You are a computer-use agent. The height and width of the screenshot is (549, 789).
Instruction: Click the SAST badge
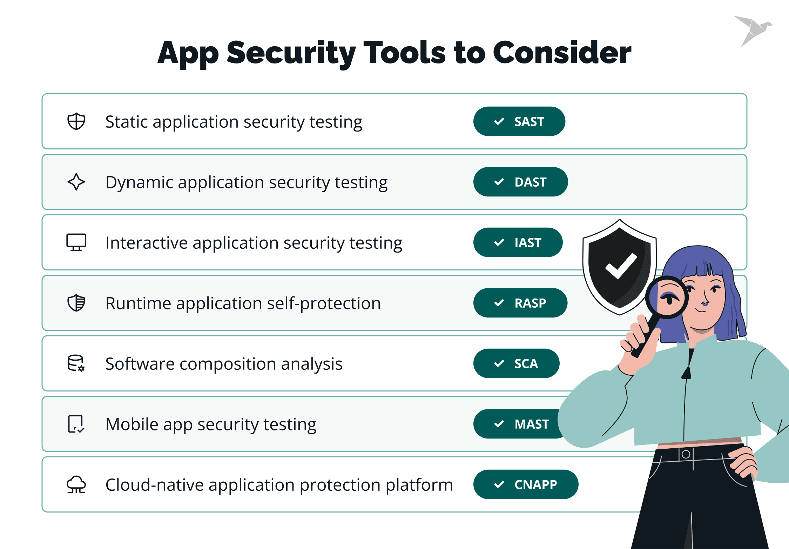[519, 121]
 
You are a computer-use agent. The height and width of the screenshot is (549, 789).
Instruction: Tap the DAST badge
[520, 182]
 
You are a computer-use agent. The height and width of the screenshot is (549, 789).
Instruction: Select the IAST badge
[518, 242]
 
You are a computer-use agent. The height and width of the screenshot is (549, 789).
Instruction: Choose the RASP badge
[520, 303]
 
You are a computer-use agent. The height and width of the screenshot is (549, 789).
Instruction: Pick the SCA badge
[516, 363]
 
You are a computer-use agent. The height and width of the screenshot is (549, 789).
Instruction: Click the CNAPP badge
[526, 484]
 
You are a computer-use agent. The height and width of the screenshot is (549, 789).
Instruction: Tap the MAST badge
[519, 424]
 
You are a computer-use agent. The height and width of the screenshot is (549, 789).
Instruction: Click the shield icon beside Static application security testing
[76, 121]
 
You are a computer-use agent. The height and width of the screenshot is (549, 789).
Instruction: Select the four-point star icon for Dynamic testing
[76, 182]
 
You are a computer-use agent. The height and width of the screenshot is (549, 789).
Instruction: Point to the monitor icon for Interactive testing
[76, 242]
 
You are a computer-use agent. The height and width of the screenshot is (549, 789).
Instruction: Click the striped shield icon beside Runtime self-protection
[76, 303]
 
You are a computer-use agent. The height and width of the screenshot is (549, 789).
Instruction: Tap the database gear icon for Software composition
[76, 363]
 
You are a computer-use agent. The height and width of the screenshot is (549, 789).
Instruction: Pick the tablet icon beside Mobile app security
[76, 424]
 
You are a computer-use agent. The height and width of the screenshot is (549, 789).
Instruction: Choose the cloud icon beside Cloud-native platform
[76, 484]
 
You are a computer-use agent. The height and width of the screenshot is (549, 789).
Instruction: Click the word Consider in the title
[562, 53]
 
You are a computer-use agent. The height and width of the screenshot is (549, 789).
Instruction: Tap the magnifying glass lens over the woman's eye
[667, 297]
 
